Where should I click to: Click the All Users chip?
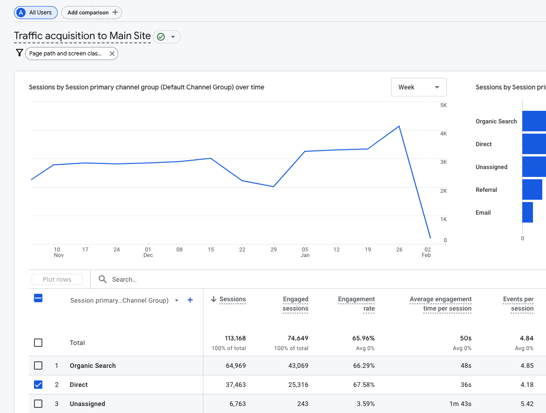point(36,13)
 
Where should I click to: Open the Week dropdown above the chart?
point(418,87)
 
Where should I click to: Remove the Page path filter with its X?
point(112,54)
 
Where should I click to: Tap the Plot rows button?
point(57,279)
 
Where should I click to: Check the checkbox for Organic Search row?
point(38,366)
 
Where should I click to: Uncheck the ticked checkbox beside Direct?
point(38,385)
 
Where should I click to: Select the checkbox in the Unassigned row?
point(38,404)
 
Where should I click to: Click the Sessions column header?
point(232,299)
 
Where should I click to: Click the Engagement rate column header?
point(357,304)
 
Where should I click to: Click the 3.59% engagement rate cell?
point(364,404)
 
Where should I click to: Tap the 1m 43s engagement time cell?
point(460,404)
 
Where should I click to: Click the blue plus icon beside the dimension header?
point(190,300)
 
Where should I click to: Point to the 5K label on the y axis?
point(443,105)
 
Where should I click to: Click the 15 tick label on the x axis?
point(211,250)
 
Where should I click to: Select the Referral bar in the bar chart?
point(532,190)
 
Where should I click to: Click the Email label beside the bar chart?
point(483,212)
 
